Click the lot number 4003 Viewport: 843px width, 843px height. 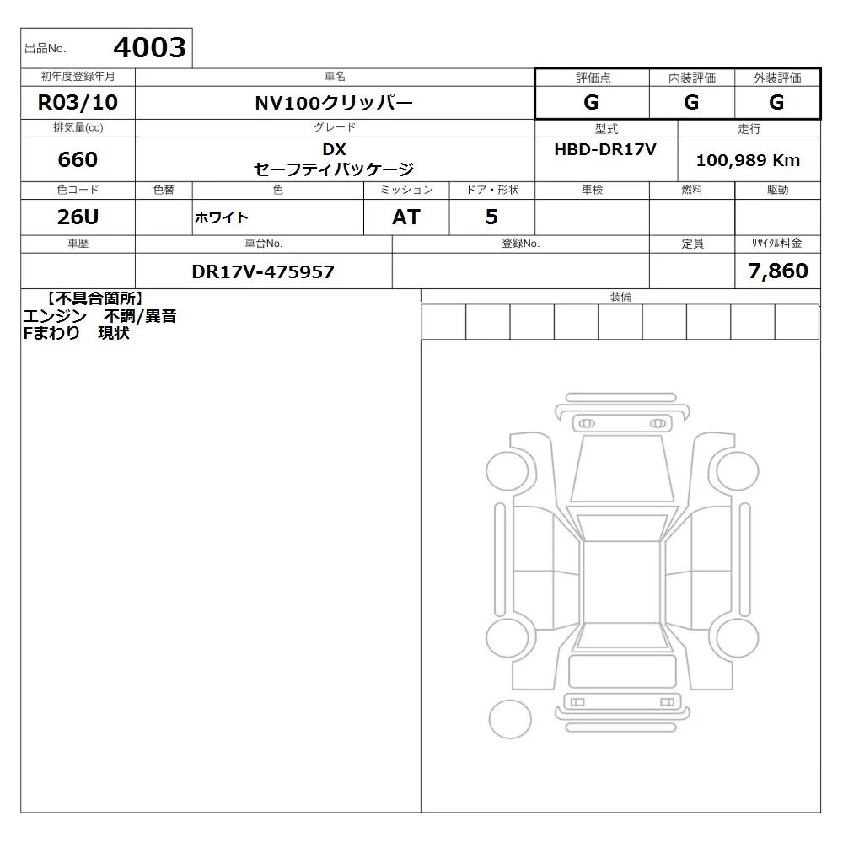(x=149, y=47)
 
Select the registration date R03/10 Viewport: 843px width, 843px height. (x=78, y=102)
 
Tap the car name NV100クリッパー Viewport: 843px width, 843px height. (x=334, y=103)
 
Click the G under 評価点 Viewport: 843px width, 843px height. (x=591, y=102)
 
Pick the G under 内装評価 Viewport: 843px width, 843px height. (x=691, y=102)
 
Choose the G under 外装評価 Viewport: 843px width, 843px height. (x=776, y=102)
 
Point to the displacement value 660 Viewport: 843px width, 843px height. (x=78, y=159)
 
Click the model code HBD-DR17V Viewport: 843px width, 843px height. (x=605, y=149)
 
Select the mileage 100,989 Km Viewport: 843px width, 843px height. (x=748, y=160)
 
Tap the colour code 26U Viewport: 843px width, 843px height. (x=78, y=217)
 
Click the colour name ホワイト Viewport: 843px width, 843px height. (x=222, y=217)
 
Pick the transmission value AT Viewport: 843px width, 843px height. (x=406, y=217)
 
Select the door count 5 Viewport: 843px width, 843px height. (x=491, y=217)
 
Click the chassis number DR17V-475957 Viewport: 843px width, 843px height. (x=263, y=271)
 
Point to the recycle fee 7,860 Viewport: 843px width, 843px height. (x=778, y=271)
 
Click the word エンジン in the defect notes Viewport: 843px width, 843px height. (x=55, y=316)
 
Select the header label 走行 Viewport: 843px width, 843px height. (x=749, y=128)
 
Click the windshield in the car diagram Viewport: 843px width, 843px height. (x=622, y=468)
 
